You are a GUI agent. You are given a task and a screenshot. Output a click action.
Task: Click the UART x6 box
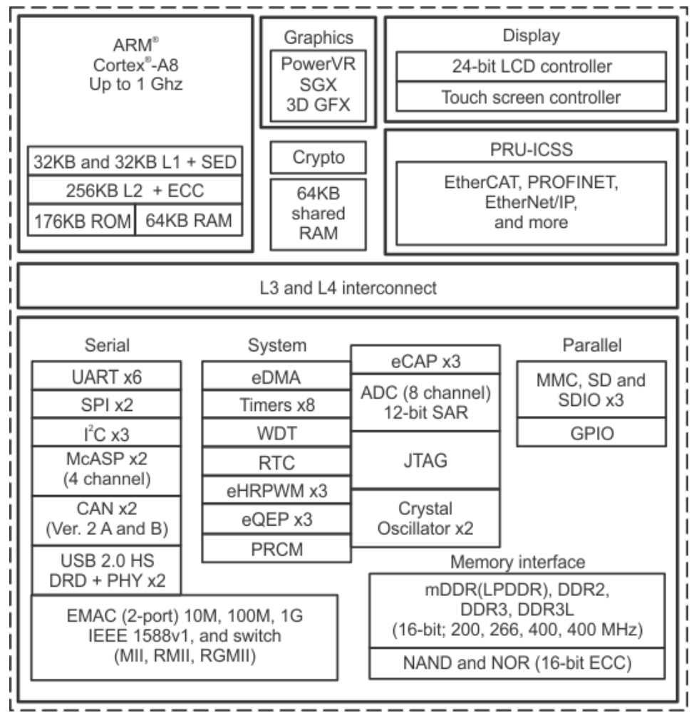click(x=106, y=376)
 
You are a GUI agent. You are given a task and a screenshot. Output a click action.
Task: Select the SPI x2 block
click(x=106, y=405)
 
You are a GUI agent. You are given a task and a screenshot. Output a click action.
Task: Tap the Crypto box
click(x=319, y=157)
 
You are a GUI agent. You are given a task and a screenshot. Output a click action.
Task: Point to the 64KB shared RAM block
click(x=319, y=214)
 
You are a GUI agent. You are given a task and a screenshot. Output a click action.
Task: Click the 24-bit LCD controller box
click(x=531, y=66)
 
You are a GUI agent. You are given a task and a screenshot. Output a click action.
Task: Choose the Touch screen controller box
click(x=531, y=97)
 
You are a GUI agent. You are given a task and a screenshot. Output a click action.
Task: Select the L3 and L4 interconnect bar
click(x=348, y=286)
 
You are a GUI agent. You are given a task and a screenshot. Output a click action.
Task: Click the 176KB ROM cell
click(x=82, y=220)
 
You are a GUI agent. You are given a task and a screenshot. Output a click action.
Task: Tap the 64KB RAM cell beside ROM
click(x=189, y=220)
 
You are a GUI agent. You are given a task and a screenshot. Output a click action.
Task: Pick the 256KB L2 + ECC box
click(x=135, y=189)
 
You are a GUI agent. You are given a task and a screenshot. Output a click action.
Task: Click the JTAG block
click(x=425, y=460)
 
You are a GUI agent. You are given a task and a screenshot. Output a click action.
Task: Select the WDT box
click(x=276, y=433)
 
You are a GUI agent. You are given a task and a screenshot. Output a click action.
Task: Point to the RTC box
click(x=276, y=461)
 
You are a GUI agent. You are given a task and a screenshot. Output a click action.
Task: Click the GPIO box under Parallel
click(x=591, y=433)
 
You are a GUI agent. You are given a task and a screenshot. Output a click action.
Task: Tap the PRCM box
click(x=276, y=548)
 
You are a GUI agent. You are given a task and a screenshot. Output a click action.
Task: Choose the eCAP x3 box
click(x=425, y=360)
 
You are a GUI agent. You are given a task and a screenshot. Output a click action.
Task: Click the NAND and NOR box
click(x=517, y=663)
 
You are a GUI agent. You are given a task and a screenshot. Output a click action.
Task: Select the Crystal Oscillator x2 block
click(x=425, y=518)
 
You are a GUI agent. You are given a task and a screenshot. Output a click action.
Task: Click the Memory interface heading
click(x=517, y=562)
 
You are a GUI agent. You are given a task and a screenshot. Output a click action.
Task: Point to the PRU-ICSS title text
click(x=531, y=150)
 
